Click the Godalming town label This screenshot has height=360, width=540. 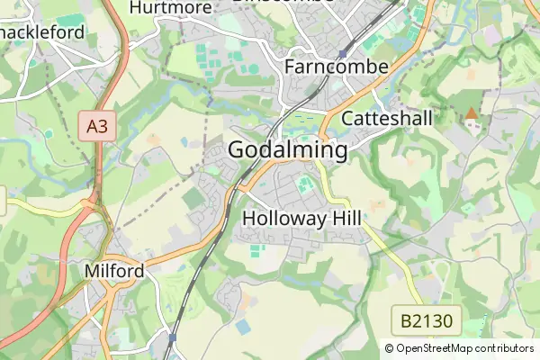pos(288,150)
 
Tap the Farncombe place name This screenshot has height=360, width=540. pos(336,67)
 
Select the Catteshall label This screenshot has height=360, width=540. pos(387,119)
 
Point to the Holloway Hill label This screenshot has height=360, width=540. pos(301,218)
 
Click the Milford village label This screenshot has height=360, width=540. pos(113,271)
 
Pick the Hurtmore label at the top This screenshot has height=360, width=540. pos(171,8)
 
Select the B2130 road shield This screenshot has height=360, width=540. pos(427,319)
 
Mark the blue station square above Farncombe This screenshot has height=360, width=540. pos(342,54)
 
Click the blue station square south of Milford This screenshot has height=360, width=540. pos(171,339)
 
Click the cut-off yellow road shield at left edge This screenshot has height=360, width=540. pos(3,200)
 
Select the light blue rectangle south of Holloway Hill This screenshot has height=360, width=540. pos(244,326)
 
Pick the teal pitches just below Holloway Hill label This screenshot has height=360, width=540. pos(257,249)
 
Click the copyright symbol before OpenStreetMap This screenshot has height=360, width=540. pos(389,347)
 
